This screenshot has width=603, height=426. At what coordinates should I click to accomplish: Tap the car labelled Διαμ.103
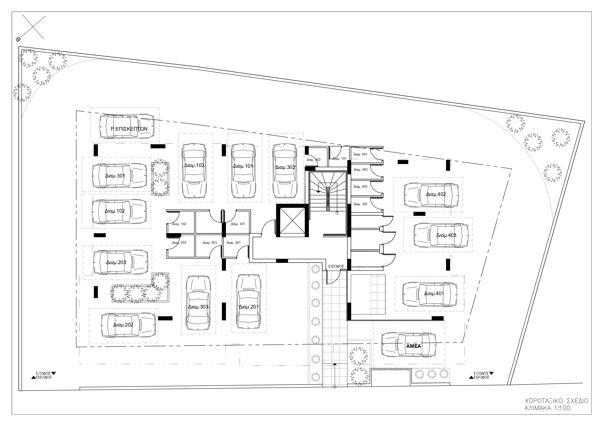coord(194,171)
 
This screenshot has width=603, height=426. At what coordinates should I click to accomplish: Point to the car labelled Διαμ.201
coord(249,301)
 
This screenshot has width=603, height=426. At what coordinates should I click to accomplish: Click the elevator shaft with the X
coord(293,220)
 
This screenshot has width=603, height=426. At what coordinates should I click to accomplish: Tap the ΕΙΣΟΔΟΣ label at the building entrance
coord(336,266)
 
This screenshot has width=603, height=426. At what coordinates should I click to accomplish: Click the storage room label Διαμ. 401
coord(360,154)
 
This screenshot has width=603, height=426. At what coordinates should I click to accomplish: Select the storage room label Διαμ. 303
coord(210,242)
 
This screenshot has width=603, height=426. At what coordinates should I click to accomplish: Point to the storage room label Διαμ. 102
coord(179,224)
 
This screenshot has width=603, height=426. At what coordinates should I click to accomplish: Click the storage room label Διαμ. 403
coord(360,187)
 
